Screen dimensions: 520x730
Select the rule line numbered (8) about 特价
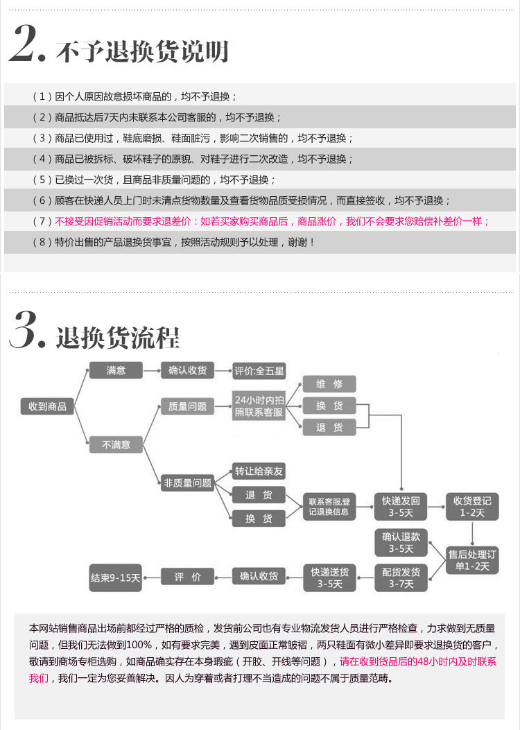pos(173,242)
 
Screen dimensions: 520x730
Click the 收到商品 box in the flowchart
pos(47,406)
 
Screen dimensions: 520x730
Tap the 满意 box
pos(116,370)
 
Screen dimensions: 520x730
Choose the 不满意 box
pos(116,444)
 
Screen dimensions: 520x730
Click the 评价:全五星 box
pos(259,371)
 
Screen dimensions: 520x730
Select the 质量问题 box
pos(188,407)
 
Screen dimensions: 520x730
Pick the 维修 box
pos(329,384)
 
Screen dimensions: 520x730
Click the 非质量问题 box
pos(188,483)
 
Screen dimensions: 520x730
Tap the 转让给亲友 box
pos(259,471)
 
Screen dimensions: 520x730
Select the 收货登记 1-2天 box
pos(472,507)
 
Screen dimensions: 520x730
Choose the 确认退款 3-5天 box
pos(401,543)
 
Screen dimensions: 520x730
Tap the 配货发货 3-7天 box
pos(401,577)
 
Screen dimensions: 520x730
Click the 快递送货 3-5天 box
pos(330,577)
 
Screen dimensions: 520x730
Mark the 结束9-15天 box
pos(116,577)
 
